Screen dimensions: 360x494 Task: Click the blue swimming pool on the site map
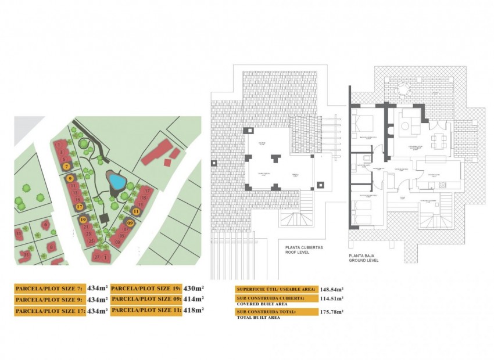(117, 182)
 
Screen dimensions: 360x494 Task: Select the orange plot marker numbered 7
(67, 166)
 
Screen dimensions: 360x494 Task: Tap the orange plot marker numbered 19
(83, 220)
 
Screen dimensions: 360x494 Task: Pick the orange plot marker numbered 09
(130, 223)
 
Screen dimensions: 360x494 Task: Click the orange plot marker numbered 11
(136, 212)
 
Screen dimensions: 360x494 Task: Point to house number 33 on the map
(19, 233)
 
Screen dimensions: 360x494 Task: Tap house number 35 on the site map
(26, 254)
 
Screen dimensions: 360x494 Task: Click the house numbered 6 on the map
(46, 225)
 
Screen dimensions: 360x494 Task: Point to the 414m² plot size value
(192, 299)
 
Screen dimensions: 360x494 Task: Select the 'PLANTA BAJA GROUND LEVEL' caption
(364, 258)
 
